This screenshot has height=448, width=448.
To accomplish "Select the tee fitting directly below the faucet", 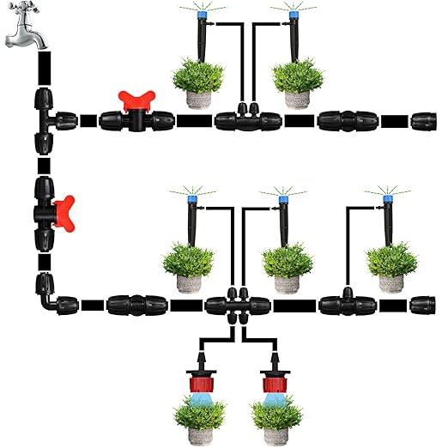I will [45, 118].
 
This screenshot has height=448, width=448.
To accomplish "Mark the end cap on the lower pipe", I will [422, 304].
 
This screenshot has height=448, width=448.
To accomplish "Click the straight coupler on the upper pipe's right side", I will [341, 118].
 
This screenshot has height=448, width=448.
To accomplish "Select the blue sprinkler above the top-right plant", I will [293, 15].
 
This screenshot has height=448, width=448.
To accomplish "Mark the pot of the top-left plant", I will [200, 97].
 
